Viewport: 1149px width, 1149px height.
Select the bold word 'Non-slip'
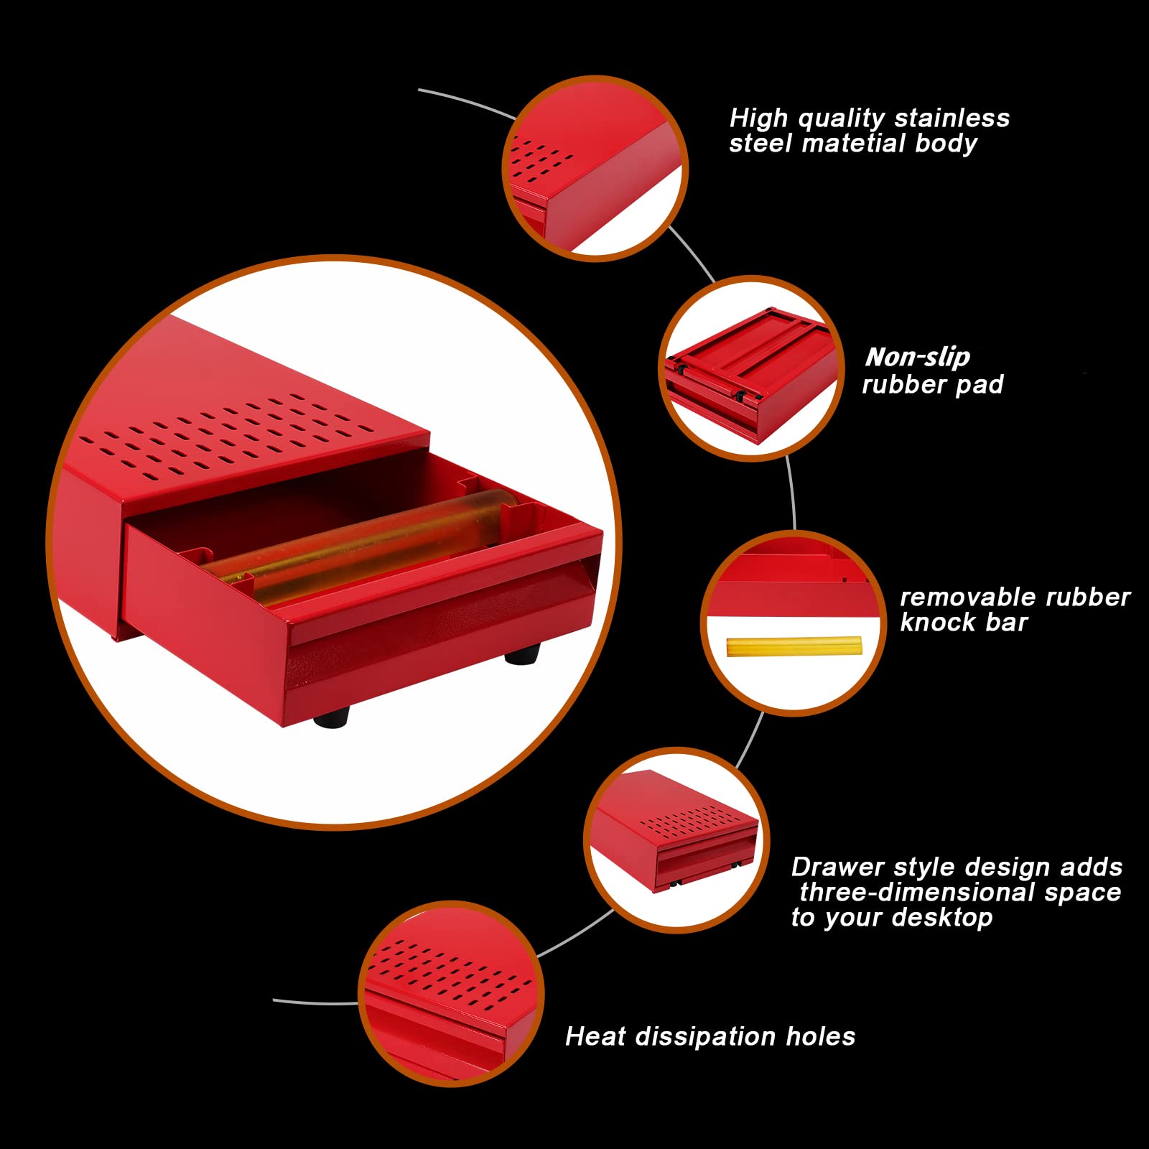pos(917,357)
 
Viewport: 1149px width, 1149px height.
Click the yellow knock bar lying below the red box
pos(793,646)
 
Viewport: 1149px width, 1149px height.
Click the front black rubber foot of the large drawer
pos(332,715)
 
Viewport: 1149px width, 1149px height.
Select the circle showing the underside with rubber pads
pos(752,368)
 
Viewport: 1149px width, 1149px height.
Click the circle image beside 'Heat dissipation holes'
pos(451,994)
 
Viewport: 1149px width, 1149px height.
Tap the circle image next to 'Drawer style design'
pos(676,840)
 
